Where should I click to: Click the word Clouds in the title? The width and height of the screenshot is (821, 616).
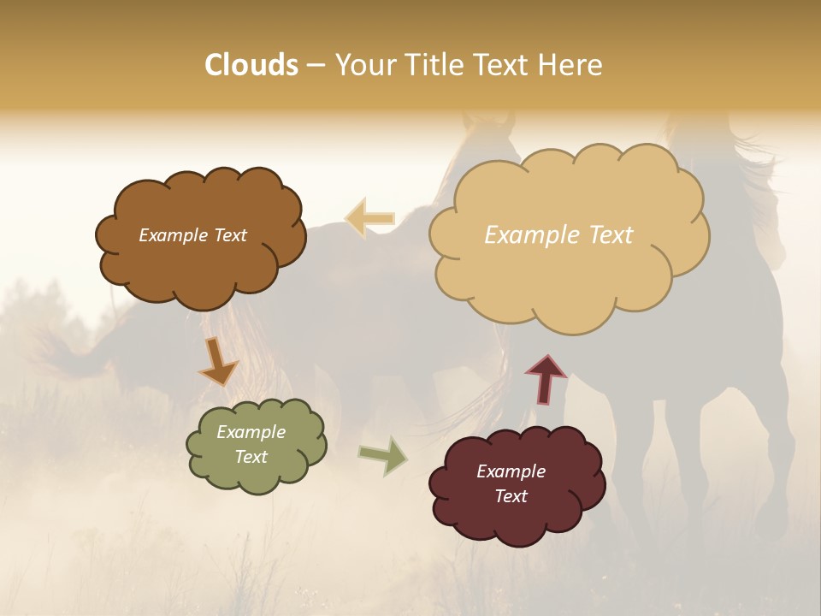pyautogui.click(x=251, y=65)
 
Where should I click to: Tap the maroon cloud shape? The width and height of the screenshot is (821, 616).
pyautogui.click(x=517, y=522)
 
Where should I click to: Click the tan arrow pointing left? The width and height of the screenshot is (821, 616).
pyautogui.click(x=370, y=218)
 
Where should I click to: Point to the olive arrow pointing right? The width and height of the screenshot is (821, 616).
pyautogui.click(x=382, y=455)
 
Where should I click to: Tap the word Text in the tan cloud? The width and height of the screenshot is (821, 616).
pyautogui.click(x=605, y=235)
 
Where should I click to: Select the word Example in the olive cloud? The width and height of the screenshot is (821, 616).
pyautogui.click(x=251, y=432)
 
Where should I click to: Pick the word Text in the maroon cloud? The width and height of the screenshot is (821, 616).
pyautogui.click(x=511, y=496)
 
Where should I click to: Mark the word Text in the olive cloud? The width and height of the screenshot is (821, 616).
pyautogui.click(x=251, y=457)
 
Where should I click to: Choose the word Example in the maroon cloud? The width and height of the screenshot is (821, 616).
pyautogui.click(x=511, y=471)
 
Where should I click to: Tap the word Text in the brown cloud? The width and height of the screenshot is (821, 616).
pyautogui.click(x=229, y=235)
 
